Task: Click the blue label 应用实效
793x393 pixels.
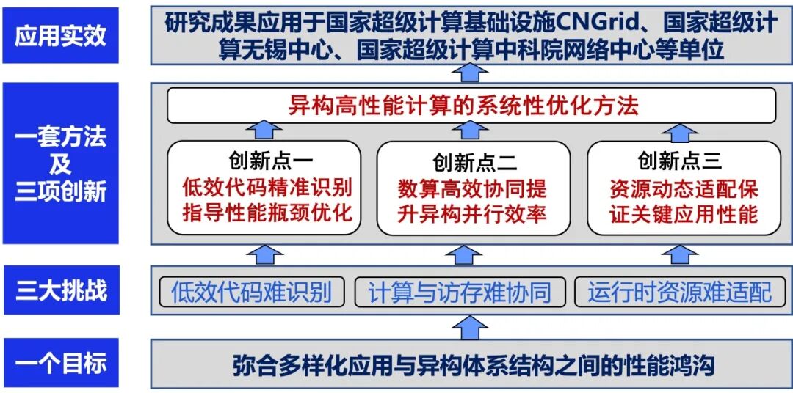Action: pos(61,36)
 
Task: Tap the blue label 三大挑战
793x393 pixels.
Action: pos(61,290)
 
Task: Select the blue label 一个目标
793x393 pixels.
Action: pos(61,363)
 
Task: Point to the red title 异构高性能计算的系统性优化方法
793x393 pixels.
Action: pos(464,106)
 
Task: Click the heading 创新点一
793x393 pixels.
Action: pos(267,161)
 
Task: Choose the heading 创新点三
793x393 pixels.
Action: pos(680,160)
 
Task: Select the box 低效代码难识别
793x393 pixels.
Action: pos(251,292)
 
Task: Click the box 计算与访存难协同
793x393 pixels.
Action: pos(460,292)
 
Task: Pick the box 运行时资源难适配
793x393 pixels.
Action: pos(678,292)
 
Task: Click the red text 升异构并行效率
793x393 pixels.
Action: pos(474,214)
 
